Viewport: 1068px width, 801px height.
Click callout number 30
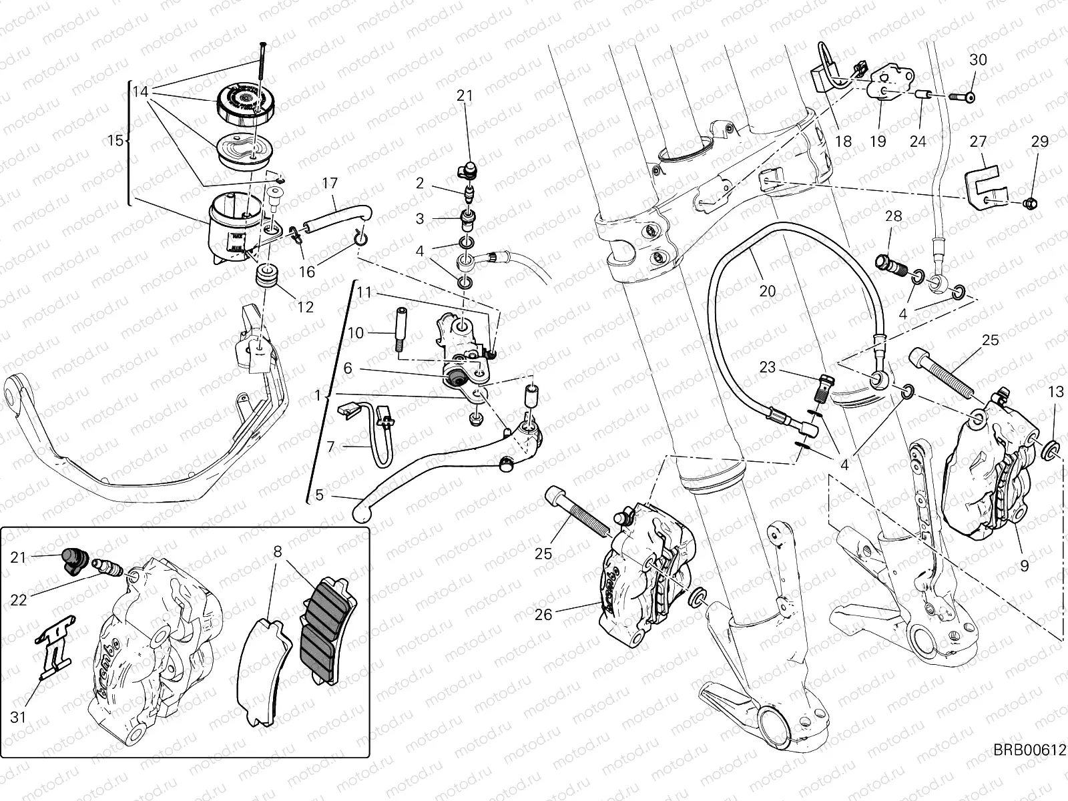[x=977, y=59]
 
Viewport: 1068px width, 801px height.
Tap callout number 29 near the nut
[x=1039, y=142]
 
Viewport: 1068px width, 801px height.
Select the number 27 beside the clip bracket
[x=978, y=142]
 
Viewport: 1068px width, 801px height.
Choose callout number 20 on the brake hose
[x=768, y=290]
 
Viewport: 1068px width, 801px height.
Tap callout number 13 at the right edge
[x=1055, y=392]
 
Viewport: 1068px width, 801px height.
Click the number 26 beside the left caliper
[x=543, y=613]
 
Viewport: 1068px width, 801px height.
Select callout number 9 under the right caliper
[x=1024, y=566]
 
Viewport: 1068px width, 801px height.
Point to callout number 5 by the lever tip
[x=319, y=495]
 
